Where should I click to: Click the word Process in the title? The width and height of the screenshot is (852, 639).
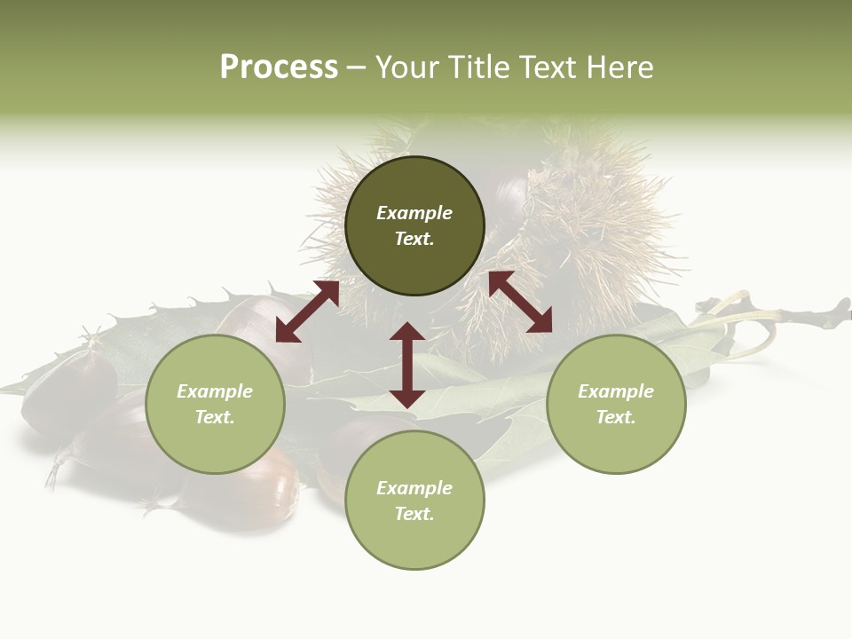(279, 67)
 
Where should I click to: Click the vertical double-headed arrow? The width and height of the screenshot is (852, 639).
(407, 365)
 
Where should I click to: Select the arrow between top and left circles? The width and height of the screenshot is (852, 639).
(307, 312)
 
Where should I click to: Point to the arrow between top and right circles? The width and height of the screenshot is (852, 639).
(521, 303)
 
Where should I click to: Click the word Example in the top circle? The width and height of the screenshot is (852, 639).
(414, 213)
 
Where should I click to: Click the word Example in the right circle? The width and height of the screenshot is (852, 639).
(616, 391)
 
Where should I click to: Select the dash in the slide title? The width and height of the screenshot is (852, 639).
(356, 67)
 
